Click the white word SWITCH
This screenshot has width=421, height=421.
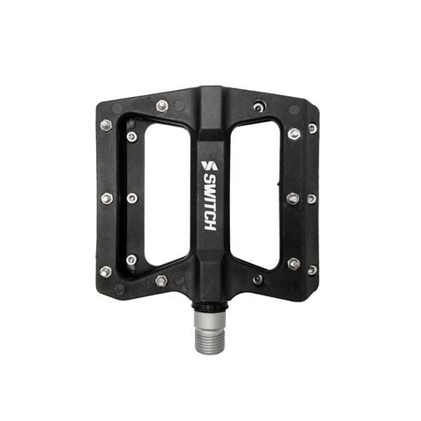coord(210,203)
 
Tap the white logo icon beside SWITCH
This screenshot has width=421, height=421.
coord(208,166)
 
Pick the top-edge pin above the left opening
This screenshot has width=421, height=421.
coord(162,106)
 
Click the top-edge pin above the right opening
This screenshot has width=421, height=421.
coord(260,107)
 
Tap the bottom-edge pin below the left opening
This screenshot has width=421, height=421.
coord(161,281)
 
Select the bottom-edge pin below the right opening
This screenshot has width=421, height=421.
coord(258,279)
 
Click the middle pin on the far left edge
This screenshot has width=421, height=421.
coord(106,199)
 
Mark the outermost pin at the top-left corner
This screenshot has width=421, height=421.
coord(106,126)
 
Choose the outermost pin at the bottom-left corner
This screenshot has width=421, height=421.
coord(106,271)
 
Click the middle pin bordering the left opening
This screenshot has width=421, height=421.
coord(131,199)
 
